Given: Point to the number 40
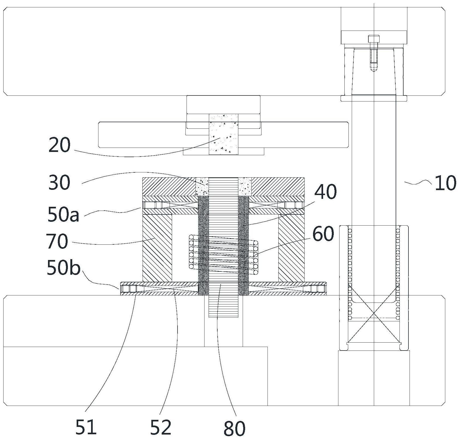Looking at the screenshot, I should (325, 192).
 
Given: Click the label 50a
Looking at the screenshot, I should (63, 215).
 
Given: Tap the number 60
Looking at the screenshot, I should (323, 234).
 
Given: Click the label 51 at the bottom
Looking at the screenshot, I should (86, 427).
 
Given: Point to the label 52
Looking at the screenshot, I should (161, 427).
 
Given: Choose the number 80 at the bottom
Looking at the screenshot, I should (234, 428).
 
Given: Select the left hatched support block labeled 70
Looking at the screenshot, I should (157, 248).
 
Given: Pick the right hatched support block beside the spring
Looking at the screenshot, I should (291, 248).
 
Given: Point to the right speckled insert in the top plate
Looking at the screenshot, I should (245, 186).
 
